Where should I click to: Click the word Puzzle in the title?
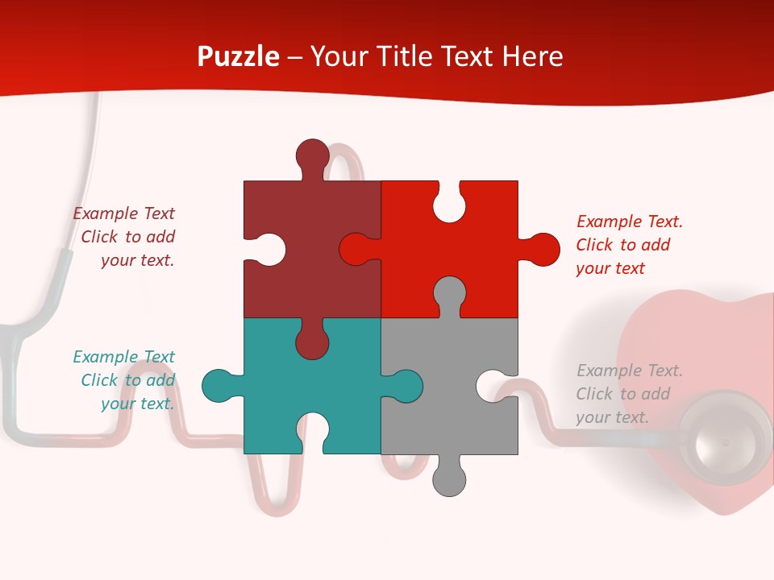(x=238, y=57)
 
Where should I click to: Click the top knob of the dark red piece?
(x=312, y=155)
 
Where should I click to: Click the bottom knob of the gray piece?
(x=449, y=479)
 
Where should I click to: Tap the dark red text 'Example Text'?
(x=124, y=213)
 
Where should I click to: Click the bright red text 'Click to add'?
(x=623, y=245)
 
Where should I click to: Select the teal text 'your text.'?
(x=138, y=404)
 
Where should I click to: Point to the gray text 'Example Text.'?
(x=630, y=371)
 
